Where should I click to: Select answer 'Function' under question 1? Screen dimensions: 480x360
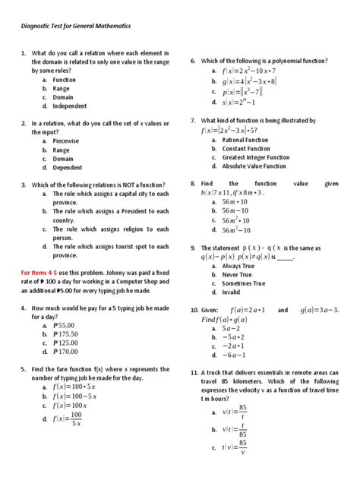[x=65, y=79]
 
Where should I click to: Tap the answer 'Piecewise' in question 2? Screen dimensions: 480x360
[x=67, y=141]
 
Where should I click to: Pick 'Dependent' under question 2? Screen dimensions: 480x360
[x=68, y=168]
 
